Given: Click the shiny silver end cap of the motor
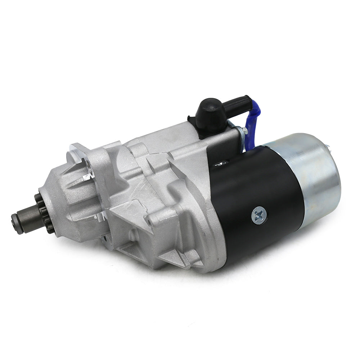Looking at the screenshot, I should [x=313, y=173].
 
